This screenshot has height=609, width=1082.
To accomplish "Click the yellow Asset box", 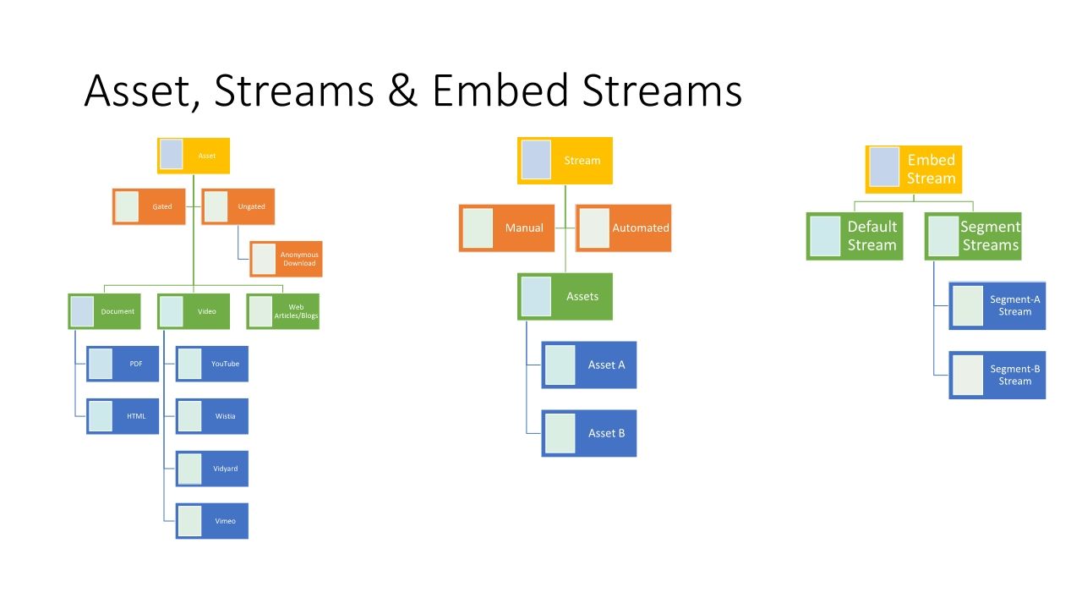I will tap(193, 156).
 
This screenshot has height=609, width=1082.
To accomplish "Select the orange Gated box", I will tap(149, 206).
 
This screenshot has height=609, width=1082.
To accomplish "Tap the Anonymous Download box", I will tap(286, 259).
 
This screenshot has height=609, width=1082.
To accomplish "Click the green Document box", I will tap(104, 311).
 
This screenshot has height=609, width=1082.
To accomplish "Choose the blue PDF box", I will tap(123, 364).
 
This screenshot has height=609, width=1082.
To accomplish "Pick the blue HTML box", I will tap(123, 416).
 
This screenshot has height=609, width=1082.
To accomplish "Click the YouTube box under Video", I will tap(212, 364).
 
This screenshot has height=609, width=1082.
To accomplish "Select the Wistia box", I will tap(212, 416).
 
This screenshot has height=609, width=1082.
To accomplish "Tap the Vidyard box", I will tap(212, 469).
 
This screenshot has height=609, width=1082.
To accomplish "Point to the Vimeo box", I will tap(212, 521).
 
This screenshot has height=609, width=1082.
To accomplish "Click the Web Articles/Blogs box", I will tap(283, 311).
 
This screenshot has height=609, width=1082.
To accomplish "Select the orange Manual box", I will tap(506, 228).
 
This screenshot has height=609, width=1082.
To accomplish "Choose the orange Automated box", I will tap(624, 228).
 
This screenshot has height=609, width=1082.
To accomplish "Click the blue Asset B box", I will tap(589, 433).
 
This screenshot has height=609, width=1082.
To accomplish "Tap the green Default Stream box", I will tap(855, 236).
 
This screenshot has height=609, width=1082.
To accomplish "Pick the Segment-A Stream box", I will tap(997, 305).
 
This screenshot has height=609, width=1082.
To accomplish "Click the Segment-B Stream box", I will tap(997, 375).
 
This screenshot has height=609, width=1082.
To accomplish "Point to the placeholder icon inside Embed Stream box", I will tap(884, 167).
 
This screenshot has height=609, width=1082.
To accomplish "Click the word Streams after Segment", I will tap(991, 245).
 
